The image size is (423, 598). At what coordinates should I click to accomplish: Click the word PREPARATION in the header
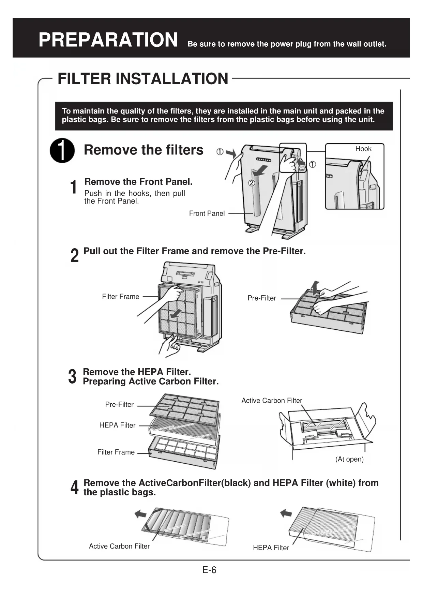pyautogui.click(x=108, y=40)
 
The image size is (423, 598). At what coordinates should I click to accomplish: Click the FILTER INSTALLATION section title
pyautogui.click(x=143, y=79)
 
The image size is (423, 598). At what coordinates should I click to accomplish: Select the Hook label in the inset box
pyautogui.click(x=363, y=149)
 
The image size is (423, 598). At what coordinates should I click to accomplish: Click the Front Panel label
pyautogui.click(x=207, y=213)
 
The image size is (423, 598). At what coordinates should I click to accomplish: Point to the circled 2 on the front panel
pyautogui.click(x=252, y=183)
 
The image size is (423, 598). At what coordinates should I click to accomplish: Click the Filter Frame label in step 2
pyautogui.click(x=121, y=297)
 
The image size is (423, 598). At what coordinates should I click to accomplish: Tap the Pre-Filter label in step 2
pyautogui.click(x=261, y=298)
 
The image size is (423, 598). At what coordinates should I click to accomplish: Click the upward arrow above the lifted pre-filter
pyautogui.click(x=315, y=287)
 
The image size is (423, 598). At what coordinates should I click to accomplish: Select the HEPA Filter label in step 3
pyautogui.click(x=117, y=425)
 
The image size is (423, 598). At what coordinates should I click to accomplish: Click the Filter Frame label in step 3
pyautogui.click(x=116, y=452)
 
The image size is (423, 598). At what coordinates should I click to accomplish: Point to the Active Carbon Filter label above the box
pyautogui.click(x=272, y=401)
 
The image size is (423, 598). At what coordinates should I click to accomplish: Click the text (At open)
pyautogui.click(x=349, y=459)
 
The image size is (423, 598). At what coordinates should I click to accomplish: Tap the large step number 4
pyautogui.click(x=74, y=488)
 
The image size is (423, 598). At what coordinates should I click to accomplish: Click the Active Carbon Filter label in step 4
pyautogui.click(x=119, y=546)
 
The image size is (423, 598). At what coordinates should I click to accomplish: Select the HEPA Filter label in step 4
pyautogui.click(x=271, y=548)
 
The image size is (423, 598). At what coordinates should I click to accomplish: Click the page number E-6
pyautogui.click(x=209, y=570)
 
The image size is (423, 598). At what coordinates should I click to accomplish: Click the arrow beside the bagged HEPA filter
pyautogui.click(x=286, y=513)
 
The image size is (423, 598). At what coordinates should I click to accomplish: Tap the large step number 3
pyautogui.click(x=72, y=377)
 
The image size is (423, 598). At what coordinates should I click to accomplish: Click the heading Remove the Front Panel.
pyautogui.click(x=138, y=182)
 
